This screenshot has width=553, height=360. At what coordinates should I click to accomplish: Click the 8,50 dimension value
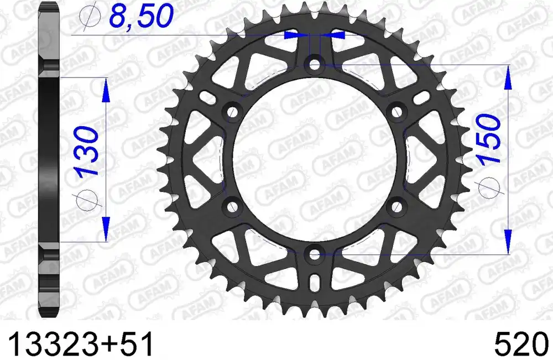point(142,16)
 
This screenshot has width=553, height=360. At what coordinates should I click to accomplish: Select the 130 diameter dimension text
point(86,152)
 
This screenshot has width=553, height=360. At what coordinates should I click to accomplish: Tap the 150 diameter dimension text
point(489,138)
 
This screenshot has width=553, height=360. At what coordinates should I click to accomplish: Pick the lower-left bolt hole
point(232,207)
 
